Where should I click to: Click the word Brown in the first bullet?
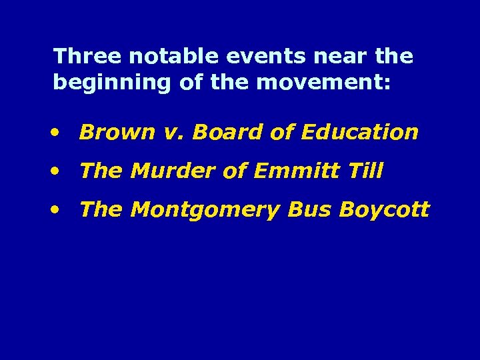[x=107, y=133]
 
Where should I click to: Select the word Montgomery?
[x=206, y=211]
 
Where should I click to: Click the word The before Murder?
[x=100, y=171]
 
